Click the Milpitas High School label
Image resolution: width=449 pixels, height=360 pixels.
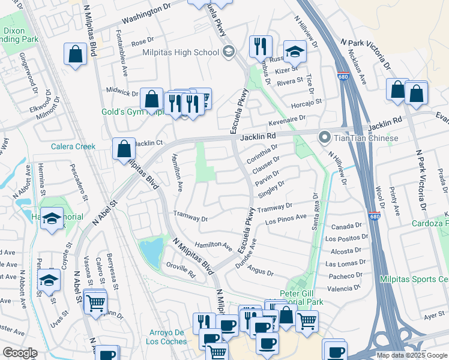(x=181, y=52)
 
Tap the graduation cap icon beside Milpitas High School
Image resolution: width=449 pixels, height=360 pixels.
(x=228, y=52)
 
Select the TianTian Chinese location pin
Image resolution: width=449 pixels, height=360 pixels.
(x=325, y=139)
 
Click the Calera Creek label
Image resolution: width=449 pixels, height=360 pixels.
(x=73, y=146)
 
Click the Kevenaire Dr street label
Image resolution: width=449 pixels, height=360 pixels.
(x=294, y=120)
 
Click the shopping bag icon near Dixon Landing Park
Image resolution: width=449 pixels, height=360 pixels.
(x=76, y=54)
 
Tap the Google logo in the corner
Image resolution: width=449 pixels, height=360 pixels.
(x=19, y=353)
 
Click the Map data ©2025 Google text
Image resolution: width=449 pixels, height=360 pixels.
(x=412, y=355)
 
